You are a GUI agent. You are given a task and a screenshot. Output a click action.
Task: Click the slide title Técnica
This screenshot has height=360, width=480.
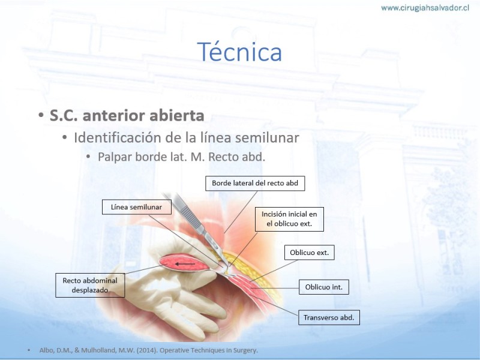pos(239,52)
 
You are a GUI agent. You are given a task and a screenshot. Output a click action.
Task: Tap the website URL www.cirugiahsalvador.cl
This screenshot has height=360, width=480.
pos(425,8)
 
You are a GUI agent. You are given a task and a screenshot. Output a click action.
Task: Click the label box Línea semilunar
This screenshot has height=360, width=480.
pos(137,207)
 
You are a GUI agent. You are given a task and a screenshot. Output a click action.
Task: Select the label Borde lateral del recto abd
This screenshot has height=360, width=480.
pos(255,183)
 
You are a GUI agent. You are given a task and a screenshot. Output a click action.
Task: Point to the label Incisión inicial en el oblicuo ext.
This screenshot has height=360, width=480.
pos(289,219)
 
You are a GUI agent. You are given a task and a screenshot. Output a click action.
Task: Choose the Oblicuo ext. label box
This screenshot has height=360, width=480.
pos(309,253)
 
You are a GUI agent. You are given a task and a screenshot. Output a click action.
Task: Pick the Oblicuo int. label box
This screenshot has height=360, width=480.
pos(324,287)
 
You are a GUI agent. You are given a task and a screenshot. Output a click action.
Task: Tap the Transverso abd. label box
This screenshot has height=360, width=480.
pos(329,317)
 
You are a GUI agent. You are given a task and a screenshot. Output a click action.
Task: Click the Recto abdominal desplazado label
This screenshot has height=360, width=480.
pos(90,285)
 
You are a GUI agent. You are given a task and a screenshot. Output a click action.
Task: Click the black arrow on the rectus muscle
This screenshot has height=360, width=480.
pos(185,264)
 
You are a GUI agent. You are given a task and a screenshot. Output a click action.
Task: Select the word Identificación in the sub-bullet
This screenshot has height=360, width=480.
pos(118,137)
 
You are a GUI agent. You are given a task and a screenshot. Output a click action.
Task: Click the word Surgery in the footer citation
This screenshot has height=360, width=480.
pos(246,350)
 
